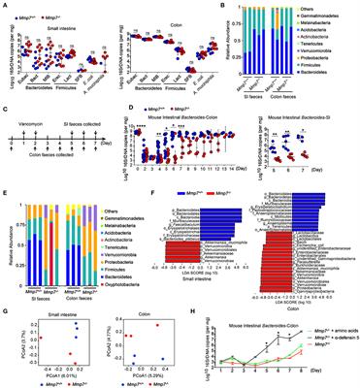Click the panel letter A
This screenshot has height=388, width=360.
(5, 5)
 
